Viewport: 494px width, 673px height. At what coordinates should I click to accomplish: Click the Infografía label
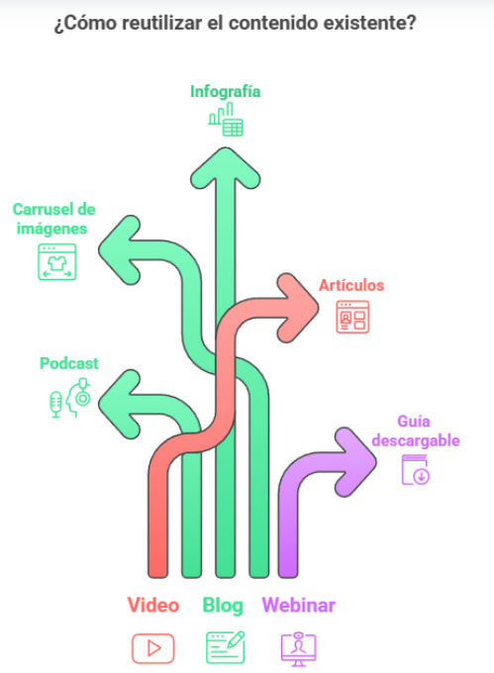(226, 91)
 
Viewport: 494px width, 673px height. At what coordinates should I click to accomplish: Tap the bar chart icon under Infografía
(226, 120)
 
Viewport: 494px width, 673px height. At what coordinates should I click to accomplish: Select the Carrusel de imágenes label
(53, 219)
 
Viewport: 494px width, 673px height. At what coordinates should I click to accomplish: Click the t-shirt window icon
(57, 262)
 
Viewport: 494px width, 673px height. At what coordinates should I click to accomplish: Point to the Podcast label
(69, 363)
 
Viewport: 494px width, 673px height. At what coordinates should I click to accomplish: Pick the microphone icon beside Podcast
(55, 404)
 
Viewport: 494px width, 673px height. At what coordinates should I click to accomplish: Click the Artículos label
(351, 285)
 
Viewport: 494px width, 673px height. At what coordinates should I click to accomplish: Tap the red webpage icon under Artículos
(352, 317)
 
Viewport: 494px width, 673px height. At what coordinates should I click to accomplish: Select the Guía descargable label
(416, 431)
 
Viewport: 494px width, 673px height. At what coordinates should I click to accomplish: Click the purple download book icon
(416, 470)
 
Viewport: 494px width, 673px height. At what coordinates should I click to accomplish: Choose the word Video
(153, 605)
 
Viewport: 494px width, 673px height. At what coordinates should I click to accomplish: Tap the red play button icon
(153, 648)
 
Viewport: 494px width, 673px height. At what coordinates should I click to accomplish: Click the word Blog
(223, 606)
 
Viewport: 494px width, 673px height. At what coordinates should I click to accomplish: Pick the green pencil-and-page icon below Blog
(226, 647)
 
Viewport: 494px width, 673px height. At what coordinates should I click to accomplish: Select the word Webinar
(299, 605)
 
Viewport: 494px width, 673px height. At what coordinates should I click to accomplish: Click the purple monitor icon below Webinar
(299, 649)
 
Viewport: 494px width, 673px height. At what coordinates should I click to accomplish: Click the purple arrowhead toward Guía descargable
(356, 462)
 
